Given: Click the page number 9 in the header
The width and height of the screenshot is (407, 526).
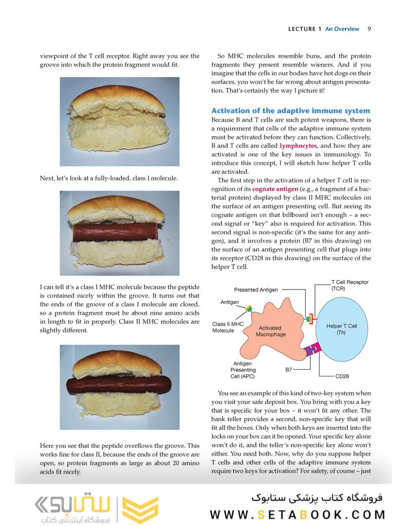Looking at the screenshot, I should point(369,29).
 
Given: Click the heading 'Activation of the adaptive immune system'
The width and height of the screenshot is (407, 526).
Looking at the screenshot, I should point(290,111).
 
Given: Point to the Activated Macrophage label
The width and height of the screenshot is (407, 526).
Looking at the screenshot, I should point(270,331).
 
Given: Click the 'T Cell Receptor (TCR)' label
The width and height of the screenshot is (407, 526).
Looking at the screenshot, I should point(349,285).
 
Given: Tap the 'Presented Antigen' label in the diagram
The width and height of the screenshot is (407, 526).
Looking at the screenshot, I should point(256,290).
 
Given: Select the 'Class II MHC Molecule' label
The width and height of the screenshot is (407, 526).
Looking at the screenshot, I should point(228,327).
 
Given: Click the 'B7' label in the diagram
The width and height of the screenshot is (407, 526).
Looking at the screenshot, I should point(289,370).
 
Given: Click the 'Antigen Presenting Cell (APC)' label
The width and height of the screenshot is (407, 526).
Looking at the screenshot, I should point(243,370).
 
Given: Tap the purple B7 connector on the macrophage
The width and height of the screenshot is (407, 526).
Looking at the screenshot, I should point(309,351).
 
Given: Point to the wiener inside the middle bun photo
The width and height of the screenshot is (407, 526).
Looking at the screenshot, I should point(115,232).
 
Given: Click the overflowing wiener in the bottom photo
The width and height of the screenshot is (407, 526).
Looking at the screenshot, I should point(119,385).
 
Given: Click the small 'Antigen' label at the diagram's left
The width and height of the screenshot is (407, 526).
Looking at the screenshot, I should point(229,302).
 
